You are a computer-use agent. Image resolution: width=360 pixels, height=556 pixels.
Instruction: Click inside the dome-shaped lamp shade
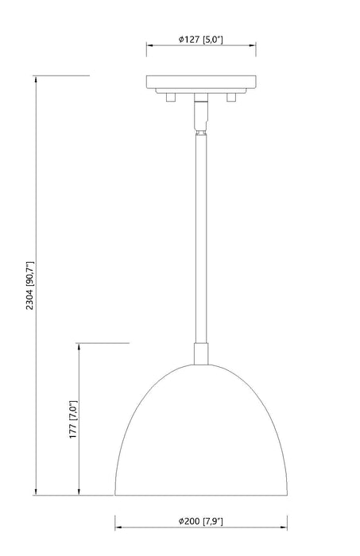coord(199,437)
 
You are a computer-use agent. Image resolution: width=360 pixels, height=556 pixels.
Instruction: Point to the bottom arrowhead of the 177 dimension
coord(79,492)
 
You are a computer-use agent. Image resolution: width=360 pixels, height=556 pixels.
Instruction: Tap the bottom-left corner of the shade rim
coord(116,494)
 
